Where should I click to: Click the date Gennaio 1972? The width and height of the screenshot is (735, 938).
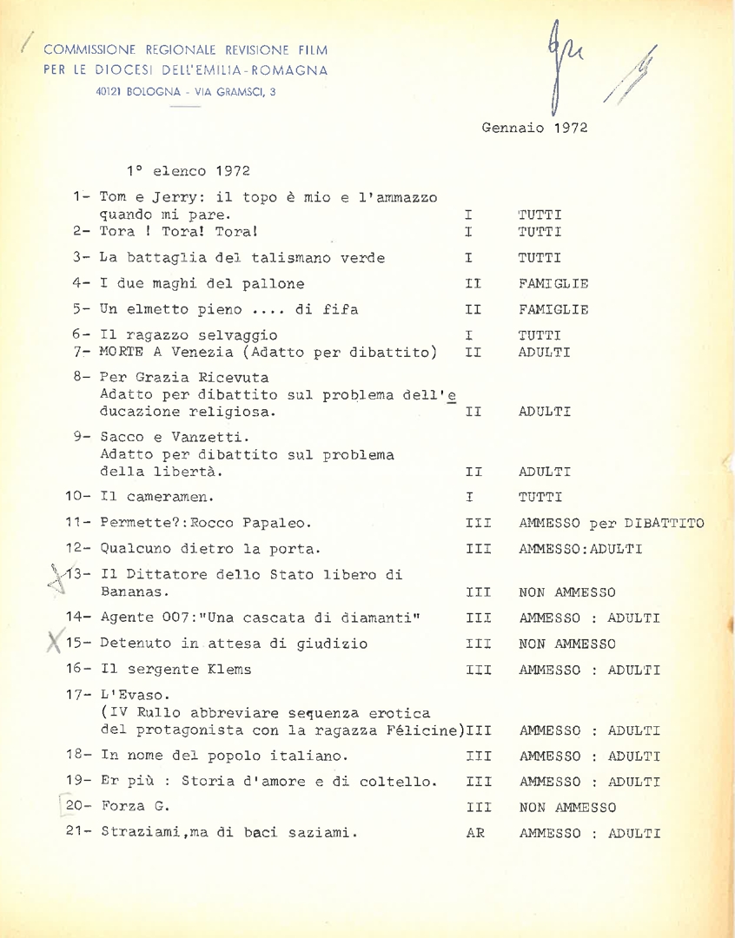tap(534, 127)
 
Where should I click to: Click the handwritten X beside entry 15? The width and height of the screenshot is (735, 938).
tap(54, 644)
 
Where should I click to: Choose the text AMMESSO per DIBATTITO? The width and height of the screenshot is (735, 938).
tap(611, 524)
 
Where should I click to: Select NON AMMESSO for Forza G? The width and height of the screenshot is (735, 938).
tap(566, 807)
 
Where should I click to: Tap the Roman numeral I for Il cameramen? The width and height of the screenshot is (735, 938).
tap(469, 498)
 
